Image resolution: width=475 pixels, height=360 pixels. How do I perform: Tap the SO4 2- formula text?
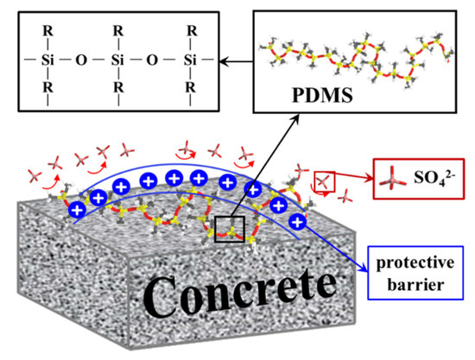click(x=421, y=182)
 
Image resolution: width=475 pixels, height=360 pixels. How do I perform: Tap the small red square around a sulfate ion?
click(x=322, y=181)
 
